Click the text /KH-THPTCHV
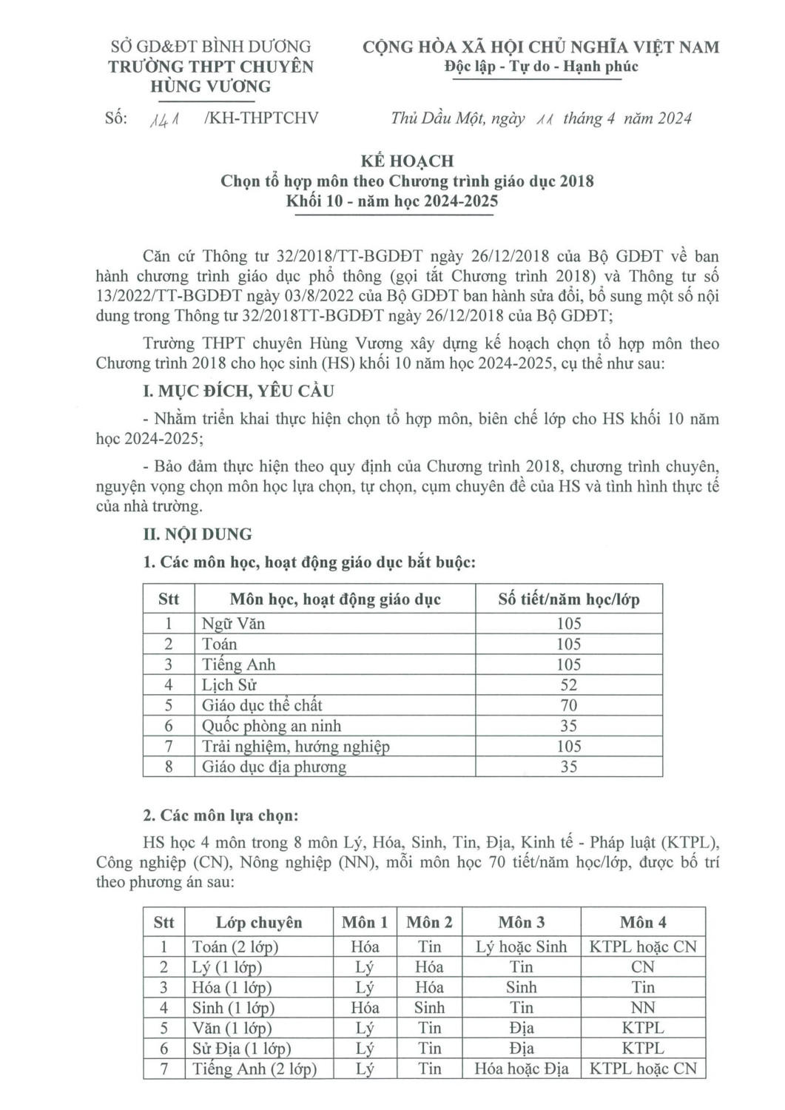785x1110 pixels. [260, 118]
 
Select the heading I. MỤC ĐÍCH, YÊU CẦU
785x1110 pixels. [238, 391]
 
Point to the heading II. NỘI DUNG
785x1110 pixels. [197, 534]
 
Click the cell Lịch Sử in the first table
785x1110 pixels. [229, 685]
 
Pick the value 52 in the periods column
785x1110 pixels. [568, 685]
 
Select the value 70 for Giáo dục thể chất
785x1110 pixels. [568, 706]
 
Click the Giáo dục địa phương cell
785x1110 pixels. [274, 767]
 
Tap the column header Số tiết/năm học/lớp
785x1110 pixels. [568, 599]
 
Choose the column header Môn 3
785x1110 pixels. [521, 923]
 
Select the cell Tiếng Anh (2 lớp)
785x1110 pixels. [254, 1069]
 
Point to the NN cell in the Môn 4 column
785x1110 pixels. [642, 1008]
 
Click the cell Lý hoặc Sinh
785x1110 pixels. [521, 947]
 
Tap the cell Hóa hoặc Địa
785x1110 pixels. [521, 1069]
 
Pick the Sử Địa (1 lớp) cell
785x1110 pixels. [241, 1049]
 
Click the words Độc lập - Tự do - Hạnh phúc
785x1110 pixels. [541, 67]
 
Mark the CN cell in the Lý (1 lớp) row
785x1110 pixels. [642, 967]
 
